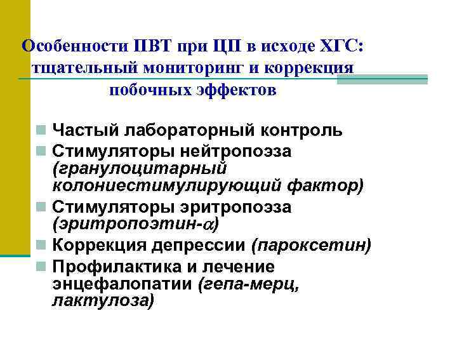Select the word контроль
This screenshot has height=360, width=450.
[x=303, y=131]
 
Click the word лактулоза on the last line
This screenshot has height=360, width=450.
[x=101, y=300]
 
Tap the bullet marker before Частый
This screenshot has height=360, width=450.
[x=39, y=131]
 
